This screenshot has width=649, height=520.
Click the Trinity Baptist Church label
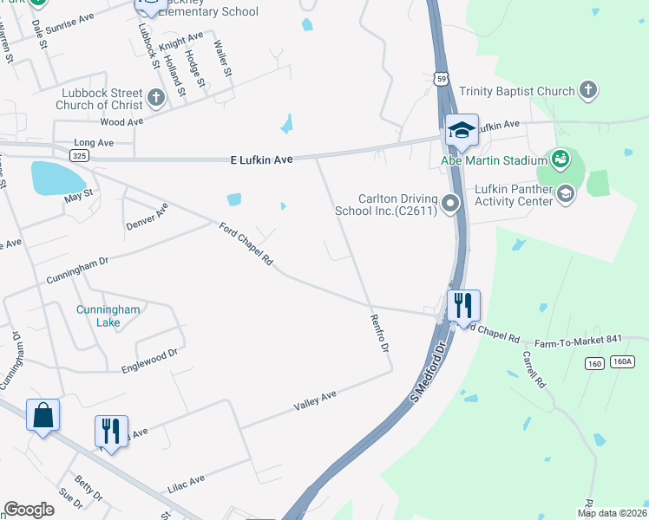click(x=516, y=91)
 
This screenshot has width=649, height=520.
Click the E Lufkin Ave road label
click(x=261, y=160)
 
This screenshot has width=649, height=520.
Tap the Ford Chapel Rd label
click(x=246, y=245)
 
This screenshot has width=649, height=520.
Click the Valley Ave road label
click(x=315, y=400)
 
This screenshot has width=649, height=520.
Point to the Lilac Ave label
click(x=185, y=479)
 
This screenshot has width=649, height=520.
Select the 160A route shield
click(x=622, y=361)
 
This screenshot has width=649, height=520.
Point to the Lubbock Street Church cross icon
click(x=157, y=96)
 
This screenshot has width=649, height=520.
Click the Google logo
click(x=29, y=509)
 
